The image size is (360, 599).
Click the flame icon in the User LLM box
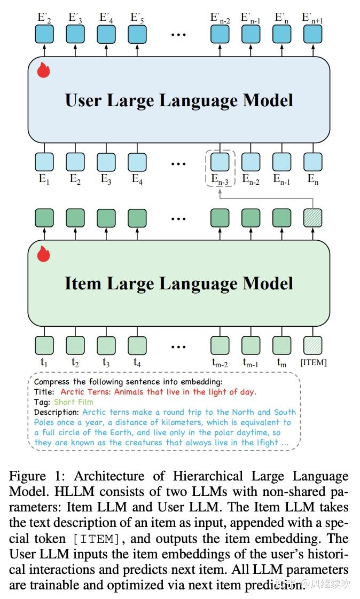click(43, 70)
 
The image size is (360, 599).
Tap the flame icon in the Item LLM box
click(43, 254)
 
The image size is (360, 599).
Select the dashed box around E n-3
click(220, 168)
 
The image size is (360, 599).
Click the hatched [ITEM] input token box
click(312, 346)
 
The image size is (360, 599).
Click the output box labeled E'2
click(44, 35)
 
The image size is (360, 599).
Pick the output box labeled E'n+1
click(312, 35)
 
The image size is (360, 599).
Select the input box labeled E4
click(137, 162)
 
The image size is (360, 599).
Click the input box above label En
click(312, 162)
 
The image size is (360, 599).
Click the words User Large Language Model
click(179, 100)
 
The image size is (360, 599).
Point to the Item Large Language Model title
click(179, 283)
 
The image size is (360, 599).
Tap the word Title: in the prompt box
click(45, 392)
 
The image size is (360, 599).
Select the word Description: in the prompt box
click(57, 412)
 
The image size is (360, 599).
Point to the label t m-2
click(220, 364)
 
